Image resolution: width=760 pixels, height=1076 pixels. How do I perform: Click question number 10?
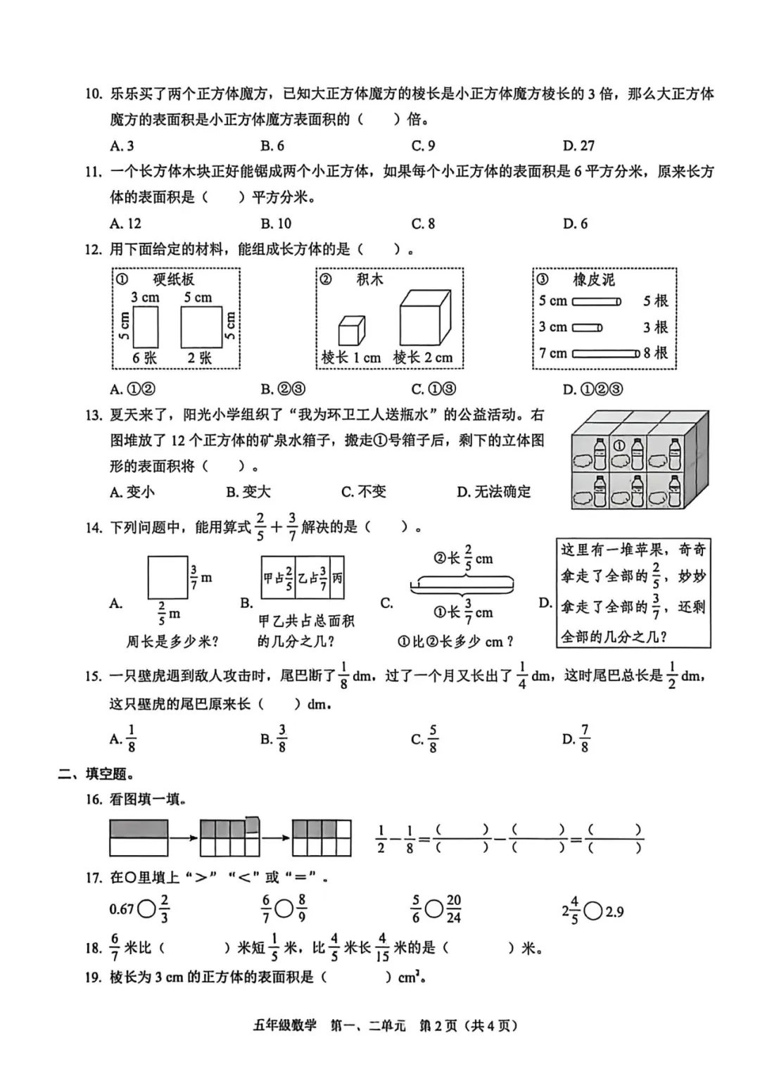click(94, 94)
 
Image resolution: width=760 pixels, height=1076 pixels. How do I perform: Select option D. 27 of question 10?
click(578, 146)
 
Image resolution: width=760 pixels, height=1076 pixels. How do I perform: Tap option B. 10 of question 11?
click(276, 224)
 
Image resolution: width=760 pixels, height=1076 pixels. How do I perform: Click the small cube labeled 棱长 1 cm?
click(351, 330)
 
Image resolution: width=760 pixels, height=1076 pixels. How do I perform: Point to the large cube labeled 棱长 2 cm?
click(424, 317)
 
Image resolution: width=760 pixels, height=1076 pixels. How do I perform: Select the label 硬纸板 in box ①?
click(173, 279)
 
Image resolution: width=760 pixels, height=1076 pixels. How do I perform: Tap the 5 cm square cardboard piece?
click(201, 327)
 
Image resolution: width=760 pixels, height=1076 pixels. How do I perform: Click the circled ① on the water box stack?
click(619, 445)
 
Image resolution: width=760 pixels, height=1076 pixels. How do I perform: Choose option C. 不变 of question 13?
click(363, 492)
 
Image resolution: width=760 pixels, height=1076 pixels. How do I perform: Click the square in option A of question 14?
click(167, 577)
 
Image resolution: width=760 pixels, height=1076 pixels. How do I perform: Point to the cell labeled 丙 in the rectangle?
click(337, 578)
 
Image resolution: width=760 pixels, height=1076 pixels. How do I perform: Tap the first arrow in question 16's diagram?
click(184, 837)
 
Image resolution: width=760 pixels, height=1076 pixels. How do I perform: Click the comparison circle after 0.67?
click(146, 909)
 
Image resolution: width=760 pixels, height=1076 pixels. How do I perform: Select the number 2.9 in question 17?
click(614, 912)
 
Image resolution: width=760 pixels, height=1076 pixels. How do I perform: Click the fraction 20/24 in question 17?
click(454, 909)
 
